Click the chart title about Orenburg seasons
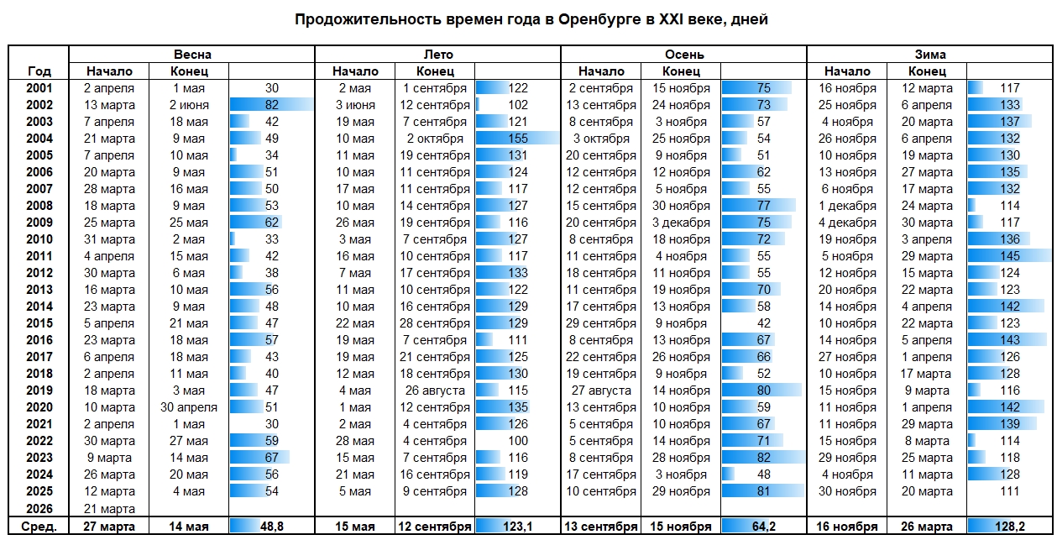click(531, 19)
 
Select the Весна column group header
click(191, 55)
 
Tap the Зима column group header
click(929, 55)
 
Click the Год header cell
click(39, 71)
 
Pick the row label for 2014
click(39, 307)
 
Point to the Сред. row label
click(39, 526)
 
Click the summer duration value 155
click(518, 139)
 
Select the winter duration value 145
click(1010, 256)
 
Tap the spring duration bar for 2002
click(270, 105)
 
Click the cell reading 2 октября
click(435, 139)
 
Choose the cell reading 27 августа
click(600, 391)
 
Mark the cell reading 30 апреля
click(188, 407)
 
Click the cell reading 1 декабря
click(847, 206)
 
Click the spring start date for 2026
click(109, 509)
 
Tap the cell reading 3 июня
click(354, 105)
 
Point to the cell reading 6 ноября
click(847, 189)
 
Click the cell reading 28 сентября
click(435, 323)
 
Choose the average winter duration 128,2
click(1010, 526)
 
